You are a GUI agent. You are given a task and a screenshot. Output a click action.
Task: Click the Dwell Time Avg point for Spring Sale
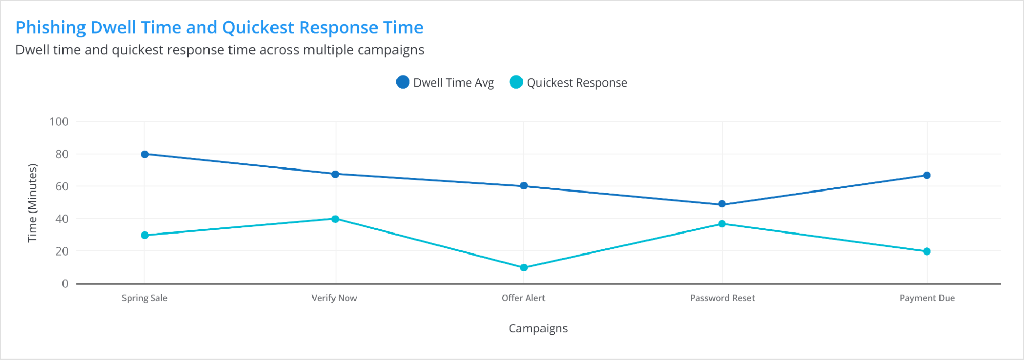tap(144, 154)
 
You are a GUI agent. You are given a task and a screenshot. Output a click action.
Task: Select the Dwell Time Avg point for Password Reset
tap(722, 204)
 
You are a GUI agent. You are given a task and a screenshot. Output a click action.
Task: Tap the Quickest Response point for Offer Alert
tap(524, 267)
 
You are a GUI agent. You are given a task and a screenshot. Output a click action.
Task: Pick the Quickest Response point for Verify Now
tap(335, 219)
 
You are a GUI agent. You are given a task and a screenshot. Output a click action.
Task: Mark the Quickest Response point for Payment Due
tap(927, 251)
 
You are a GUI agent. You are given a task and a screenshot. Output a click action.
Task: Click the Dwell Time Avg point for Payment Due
tap(927, 175)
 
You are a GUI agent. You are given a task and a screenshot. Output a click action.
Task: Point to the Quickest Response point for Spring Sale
tap(144, 235)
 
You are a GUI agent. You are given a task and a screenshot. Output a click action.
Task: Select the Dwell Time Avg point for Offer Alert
tap(524, 186)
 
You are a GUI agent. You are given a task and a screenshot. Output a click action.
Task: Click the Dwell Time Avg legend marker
tap(403, 82)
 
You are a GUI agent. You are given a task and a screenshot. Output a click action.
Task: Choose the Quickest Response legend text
tap(577, 82)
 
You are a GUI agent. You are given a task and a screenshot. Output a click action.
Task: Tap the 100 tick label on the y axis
tap(59, 122)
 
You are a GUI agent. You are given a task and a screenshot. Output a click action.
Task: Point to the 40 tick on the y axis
tap(62, 219)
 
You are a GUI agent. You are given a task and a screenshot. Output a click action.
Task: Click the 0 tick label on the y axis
tap(65, 284)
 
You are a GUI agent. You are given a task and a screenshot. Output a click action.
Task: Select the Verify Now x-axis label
tap(334, 298)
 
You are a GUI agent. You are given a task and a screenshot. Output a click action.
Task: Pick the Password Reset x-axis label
tap(722, 298)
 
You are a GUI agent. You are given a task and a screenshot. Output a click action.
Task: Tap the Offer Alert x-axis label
tap(523, 298)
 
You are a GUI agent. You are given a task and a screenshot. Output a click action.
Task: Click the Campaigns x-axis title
tap(538, 328)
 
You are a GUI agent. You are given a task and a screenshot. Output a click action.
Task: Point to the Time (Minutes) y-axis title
tap(32, 203)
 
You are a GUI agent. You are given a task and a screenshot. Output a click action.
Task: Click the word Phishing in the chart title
tap(50, 27)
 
